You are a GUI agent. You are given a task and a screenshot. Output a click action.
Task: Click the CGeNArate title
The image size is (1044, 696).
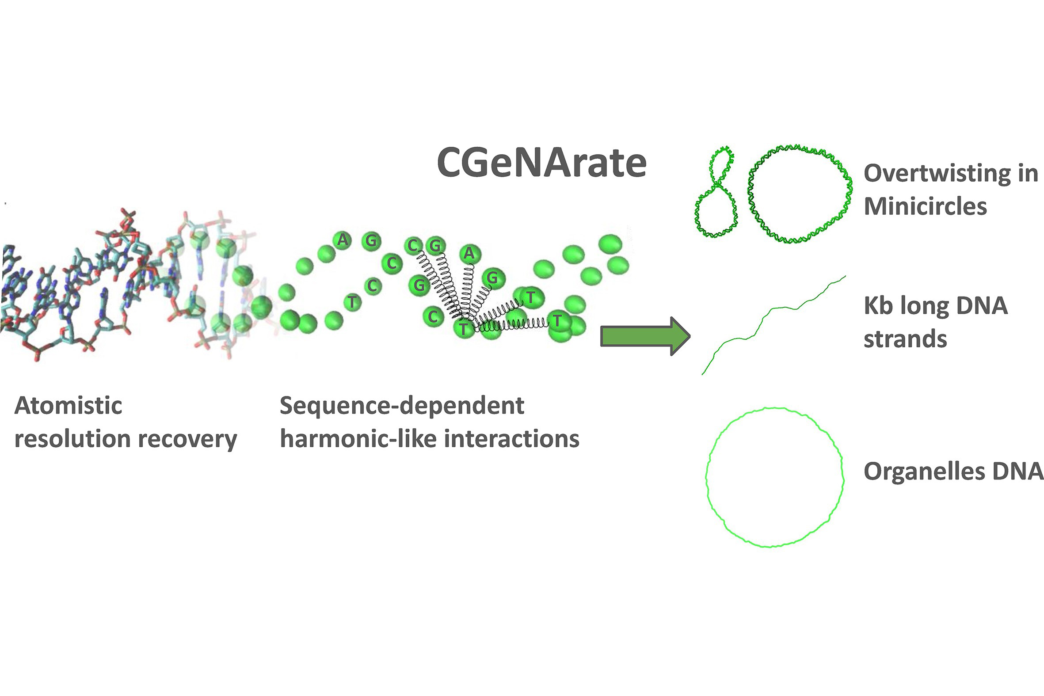541,163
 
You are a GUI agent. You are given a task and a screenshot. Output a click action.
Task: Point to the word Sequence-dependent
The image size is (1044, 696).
402,406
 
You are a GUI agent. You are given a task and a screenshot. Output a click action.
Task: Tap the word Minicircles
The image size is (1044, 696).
925,206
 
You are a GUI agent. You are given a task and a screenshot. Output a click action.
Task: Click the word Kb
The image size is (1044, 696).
878,306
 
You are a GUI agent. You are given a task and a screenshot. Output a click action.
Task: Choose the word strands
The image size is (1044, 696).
905,339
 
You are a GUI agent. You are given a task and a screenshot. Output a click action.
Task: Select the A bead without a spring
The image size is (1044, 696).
342,240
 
